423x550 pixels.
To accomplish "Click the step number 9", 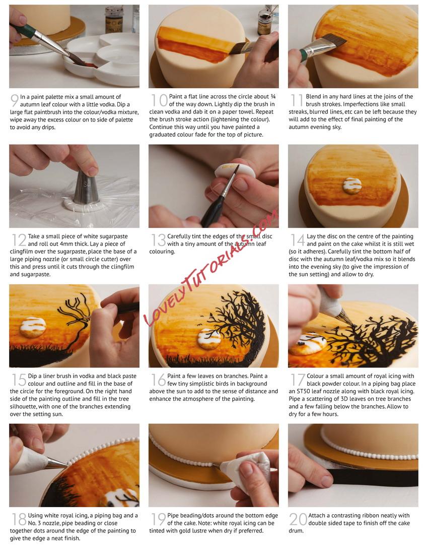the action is click(15, 100).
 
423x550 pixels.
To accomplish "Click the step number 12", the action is click(19, 240).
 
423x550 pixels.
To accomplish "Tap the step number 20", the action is click(298, 519).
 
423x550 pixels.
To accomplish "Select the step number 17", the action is click(298, 380).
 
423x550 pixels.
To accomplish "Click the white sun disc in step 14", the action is click(352, 186).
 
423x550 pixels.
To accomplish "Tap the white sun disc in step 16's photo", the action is click(209, 339).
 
